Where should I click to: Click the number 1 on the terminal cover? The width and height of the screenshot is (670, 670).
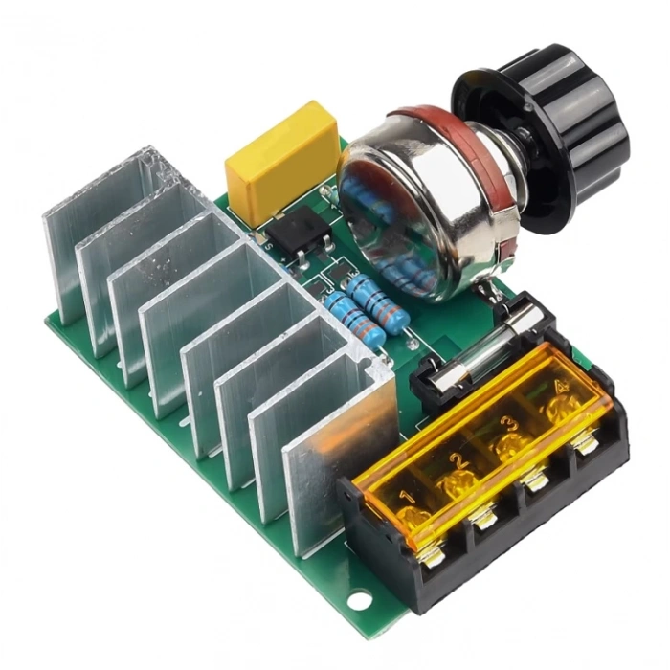[406, 498]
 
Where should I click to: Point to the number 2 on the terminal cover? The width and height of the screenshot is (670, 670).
[459, 463]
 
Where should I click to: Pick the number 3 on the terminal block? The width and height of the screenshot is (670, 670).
[509, 424]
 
